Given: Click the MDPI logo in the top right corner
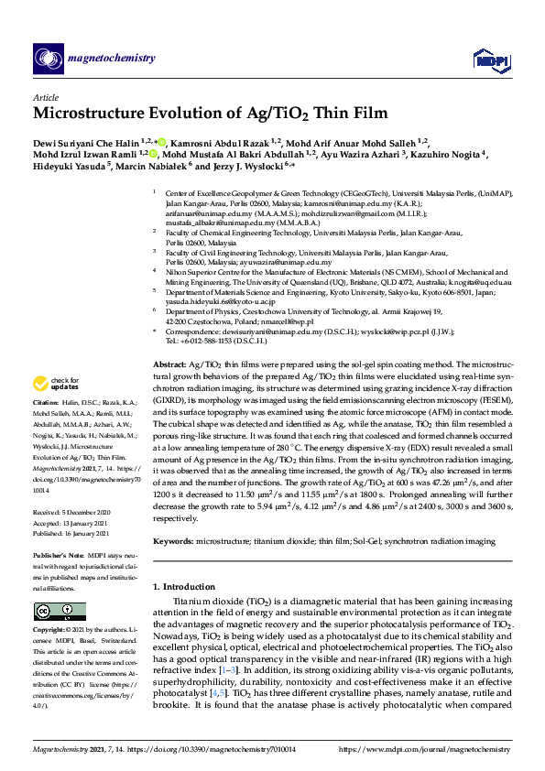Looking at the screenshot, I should tap(490, 60).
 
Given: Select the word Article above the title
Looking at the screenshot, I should tap(46, 97).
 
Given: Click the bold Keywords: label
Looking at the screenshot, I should tap(175, 542).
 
